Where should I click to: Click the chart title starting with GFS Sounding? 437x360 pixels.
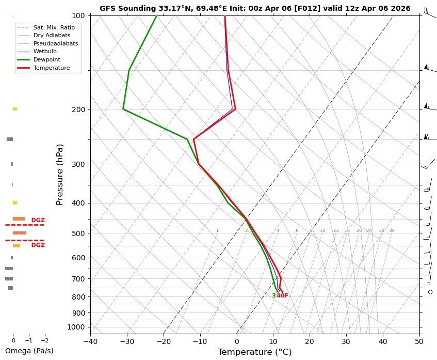click(255, 8)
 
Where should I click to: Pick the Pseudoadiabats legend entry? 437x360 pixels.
click(56, 43)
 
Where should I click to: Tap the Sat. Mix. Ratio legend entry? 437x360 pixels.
click(54, 27)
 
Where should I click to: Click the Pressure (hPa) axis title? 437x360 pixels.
click(60, 174)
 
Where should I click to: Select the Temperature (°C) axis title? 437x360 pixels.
click(255, 352)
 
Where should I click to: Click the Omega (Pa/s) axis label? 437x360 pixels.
click(29, 351)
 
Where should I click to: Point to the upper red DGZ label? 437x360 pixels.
click(38, 220)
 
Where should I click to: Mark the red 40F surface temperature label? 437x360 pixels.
click(282, 296)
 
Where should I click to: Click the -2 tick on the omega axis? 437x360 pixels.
click(44, 340)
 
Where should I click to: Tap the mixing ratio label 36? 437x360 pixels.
click(392, 231)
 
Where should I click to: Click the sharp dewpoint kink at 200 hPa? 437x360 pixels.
click(123, 109)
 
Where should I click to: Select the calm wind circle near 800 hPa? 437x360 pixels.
click(430, 292)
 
